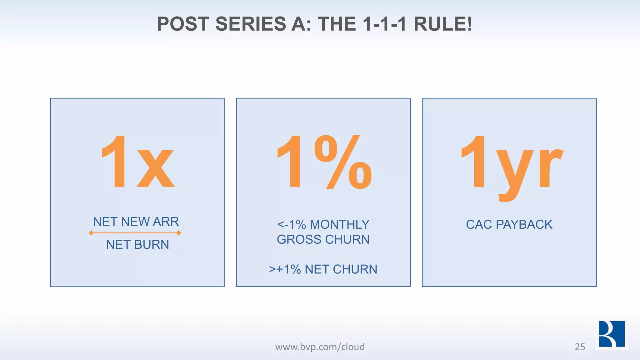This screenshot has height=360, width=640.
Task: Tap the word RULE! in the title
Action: pos(443,24)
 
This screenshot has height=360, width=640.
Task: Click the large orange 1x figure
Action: pos(137,162)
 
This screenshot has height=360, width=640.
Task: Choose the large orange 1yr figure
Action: pos(512,166)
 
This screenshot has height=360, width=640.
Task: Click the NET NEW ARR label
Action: pos(136,222)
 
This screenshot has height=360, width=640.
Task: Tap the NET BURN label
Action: pos(137,244)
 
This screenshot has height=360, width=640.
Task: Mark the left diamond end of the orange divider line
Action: pos(91,233)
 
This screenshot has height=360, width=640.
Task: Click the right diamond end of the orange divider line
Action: pos(179,233)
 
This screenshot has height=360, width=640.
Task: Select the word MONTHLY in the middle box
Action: pos(339,224)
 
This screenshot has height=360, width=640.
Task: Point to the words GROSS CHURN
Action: pos(323,239)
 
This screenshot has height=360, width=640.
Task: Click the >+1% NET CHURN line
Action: pos(323,269)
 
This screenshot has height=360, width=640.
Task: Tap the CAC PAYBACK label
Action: pos(509,224)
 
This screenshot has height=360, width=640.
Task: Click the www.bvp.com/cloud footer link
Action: pos(320,347)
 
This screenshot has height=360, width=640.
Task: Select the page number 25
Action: pos(580,347)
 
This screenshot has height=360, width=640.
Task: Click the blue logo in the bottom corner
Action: pos(612,334)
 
